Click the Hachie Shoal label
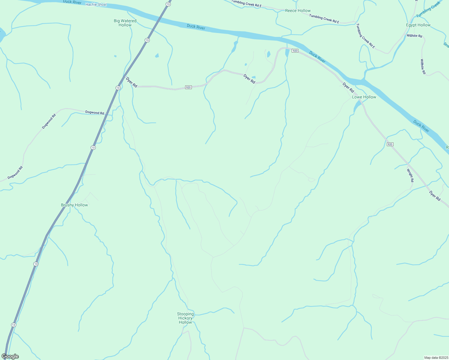point(96,4)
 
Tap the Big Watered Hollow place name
point(125,23)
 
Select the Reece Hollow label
point(298,10)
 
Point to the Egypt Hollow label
point(418,25)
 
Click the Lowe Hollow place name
point(364,97)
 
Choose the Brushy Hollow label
point(74,205)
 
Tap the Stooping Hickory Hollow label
point(185,318)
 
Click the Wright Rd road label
point(410,175)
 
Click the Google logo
point(10,356)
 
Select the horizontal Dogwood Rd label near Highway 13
point(95,112)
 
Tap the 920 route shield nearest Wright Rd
point(390,144)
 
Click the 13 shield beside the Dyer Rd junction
point(118,88)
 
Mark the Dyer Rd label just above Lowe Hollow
point(348,88)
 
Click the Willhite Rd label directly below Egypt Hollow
point(414,36)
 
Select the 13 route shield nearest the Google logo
point(14,325)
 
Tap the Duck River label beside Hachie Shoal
point(72,2)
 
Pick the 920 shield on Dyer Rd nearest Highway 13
point(188,87)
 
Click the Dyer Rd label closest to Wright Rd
point(435,196)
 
